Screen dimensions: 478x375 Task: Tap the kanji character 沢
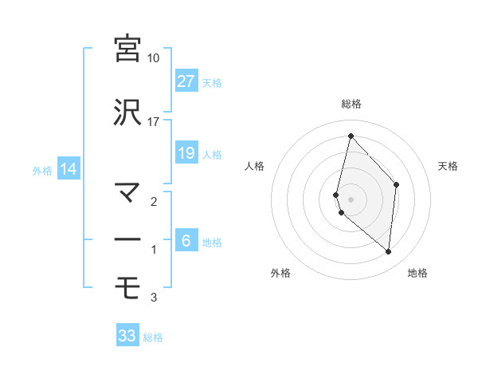128,112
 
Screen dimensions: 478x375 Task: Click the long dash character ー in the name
128,239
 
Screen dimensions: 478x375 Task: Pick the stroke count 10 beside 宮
154,58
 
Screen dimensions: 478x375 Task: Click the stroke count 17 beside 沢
154,122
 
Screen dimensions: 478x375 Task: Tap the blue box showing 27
186,81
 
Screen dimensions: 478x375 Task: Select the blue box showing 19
186,153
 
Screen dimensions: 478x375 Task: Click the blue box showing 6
186,241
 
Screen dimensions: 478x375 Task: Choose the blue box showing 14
68,169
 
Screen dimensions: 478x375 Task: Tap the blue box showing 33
127,336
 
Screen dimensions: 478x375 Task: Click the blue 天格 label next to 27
212,83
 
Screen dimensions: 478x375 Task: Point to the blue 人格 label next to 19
212,155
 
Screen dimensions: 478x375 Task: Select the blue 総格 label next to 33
154,337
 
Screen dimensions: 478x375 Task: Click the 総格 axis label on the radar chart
351,104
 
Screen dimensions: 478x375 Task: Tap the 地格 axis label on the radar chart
417,273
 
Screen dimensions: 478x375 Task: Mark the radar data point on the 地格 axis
388,251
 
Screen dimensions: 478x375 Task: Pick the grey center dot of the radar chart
351,199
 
